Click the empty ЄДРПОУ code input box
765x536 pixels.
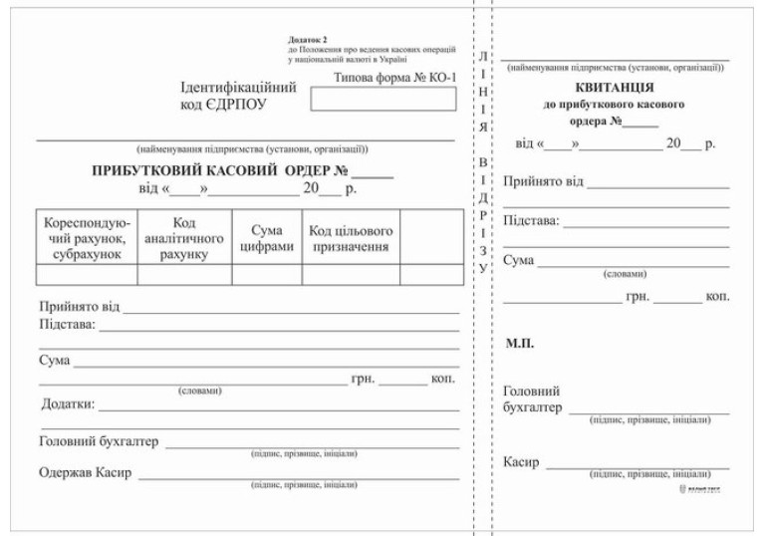382,99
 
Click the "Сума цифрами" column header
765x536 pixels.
266,239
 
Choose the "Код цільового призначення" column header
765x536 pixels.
350,239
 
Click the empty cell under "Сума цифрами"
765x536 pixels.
266,275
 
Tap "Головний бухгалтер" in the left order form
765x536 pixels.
99,441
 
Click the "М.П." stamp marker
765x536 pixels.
522,344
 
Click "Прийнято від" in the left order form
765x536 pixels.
76,308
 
